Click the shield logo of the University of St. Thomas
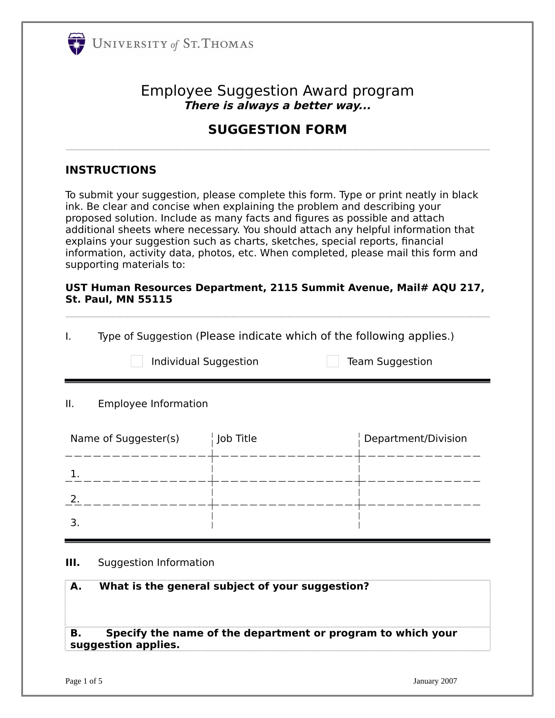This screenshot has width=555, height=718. pos(76,44)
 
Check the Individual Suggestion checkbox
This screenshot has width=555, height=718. pos(137,361)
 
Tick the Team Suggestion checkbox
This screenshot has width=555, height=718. pos(332,361)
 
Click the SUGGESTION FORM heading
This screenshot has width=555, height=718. pos(277,130)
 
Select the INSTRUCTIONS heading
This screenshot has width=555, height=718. pos(110,170)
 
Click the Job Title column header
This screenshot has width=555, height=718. pos(237,438)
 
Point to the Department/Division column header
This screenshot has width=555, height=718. pos(415,438)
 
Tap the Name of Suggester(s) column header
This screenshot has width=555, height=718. pos(125,438)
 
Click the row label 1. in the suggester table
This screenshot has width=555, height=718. pos(75,474)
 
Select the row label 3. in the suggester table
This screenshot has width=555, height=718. pos(75,523)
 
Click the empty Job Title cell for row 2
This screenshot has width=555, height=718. pos(285,493)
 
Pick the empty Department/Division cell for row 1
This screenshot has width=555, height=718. pos(419,469)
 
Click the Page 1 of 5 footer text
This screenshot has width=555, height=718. pos(84,681)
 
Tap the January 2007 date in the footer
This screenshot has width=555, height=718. pos(435,681)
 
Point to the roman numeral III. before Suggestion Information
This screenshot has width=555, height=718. pos(72,563)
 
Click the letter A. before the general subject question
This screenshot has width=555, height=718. pos(76,586)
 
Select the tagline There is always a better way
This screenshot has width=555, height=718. pos(277,105)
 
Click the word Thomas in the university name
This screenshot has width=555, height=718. pos(227,44)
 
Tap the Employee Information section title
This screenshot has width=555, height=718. pos(152,403)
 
